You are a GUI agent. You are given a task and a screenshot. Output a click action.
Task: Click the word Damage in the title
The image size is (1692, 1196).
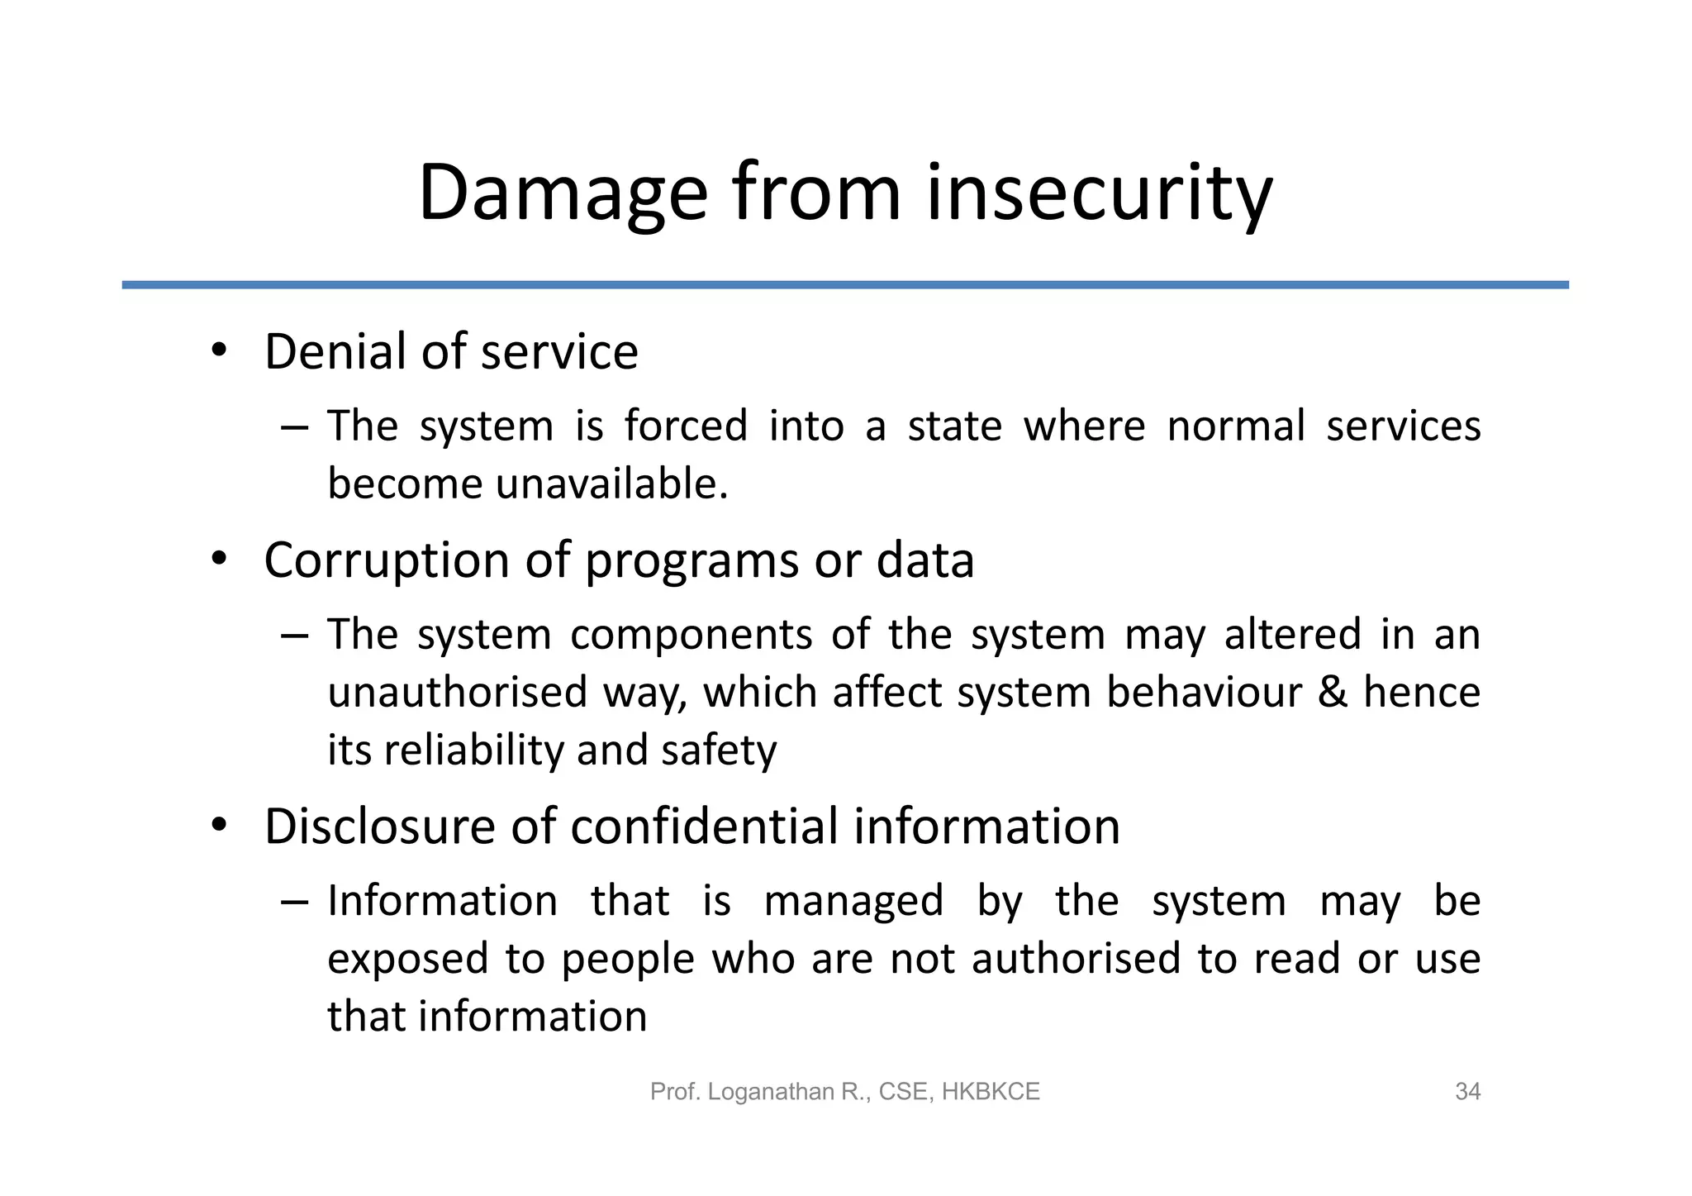563,194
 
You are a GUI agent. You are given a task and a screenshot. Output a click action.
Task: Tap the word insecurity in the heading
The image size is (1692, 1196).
1099,194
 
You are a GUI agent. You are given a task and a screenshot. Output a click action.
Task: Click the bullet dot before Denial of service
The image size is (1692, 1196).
218,351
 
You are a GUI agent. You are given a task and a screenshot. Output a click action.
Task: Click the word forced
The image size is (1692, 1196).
685,426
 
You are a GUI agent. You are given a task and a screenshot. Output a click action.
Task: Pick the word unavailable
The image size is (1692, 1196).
611,484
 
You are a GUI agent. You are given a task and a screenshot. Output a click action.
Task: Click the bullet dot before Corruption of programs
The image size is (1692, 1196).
218,560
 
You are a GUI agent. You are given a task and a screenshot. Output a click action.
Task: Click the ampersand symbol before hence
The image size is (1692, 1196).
1332,693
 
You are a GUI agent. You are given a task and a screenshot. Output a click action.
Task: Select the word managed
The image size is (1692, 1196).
853,902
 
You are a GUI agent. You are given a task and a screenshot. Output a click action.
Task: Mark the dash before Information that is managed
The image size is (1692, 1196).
294,901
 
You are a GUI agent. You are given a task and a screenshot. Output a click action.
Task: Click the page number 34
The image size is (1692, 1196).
1467,1092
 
